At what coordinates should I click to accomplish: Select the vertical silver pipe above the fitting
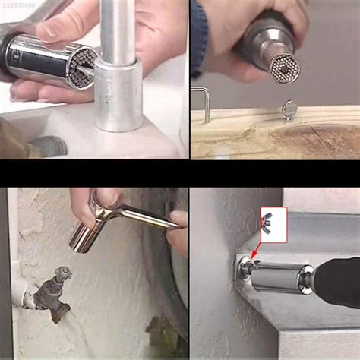click(118, 30)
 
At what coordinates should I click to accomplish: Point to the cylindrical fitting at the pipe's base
click(118, 95)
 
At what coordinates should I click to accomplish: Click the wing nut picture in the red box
click(273, 224)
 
